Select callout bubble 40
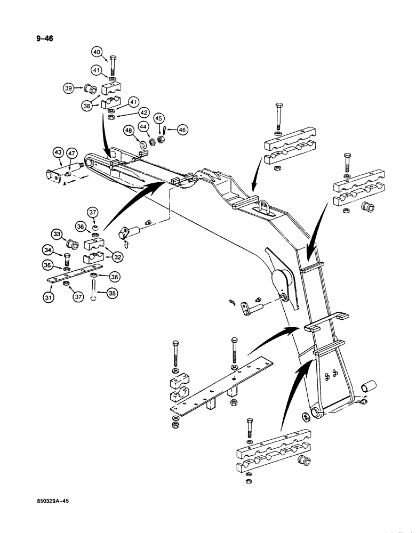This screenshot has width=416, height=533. (x=97, y=52)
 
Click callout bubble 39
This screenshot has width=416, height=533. (x=68, y=88)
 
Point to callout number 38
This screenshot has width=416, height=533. (x=86, y=106)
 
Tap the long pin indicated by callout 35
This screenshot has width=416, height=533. (x=94, y=290)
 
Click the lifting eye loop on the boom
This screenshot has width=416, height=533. (x=266, y=205)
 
